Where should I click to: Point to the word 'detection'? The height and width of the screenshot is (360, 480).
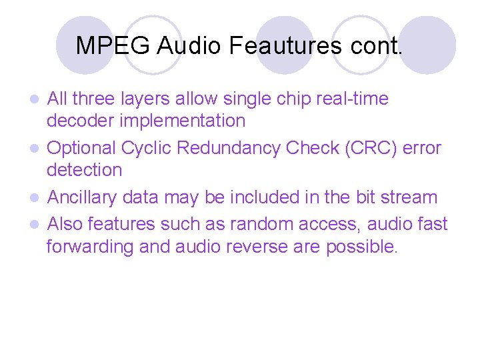84,170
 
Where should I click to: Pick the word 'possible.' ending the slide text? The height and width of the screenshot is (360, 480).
361,247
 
